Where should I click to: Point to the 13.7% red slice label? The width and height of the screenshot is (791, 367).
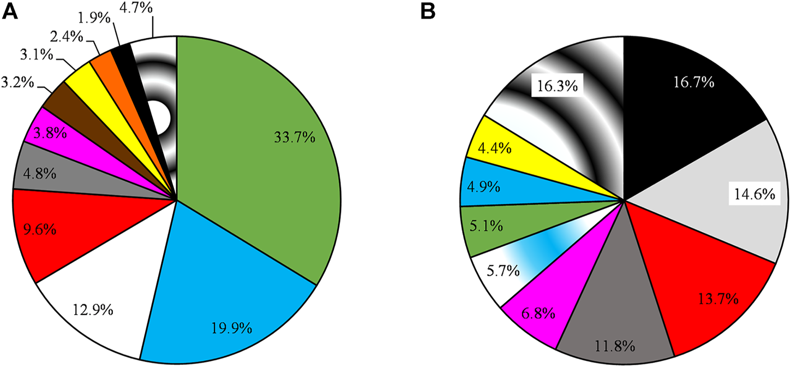(x=718, y=299)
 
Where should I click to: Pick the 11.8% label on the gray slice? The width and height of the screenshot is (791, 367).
(x=614, y=345)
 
